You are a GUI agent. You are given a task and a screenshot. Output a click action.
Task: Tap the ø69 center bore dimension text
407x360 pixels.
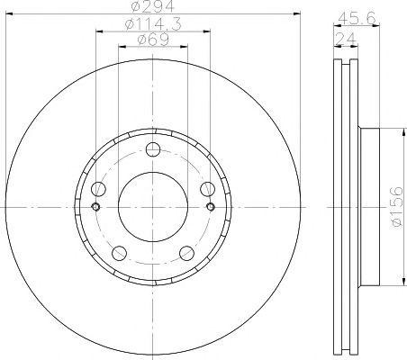tap(151, 40)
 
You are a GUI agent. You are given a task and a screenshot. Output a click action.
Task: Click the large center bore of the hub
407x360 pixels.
tap(151, 206)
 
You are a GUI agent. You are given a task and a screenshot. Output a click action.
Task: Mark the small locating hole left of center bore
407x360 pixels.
tap(95, 207)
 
